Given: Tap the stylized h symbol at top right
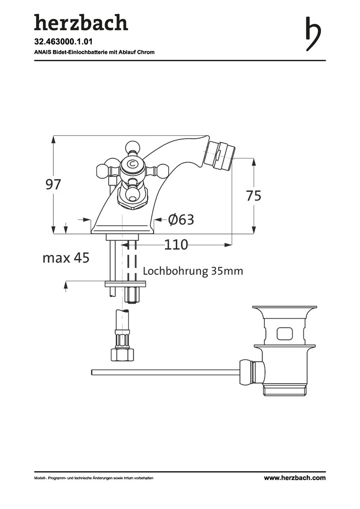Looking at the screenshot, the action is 313,33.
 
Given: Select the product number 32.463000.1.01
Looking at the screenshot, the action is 59,41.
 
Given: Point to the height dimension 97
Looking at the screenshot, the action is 53,185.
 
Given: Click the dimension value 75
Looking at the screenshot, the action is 254,196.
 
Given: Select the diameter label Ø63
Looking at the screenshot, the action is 181,220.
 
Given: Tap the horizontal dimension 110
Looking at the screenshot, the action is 176,245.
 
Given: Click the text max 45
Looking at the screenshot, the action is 66,258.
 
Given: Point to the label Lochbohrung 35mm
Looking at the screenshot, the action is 193,271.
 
